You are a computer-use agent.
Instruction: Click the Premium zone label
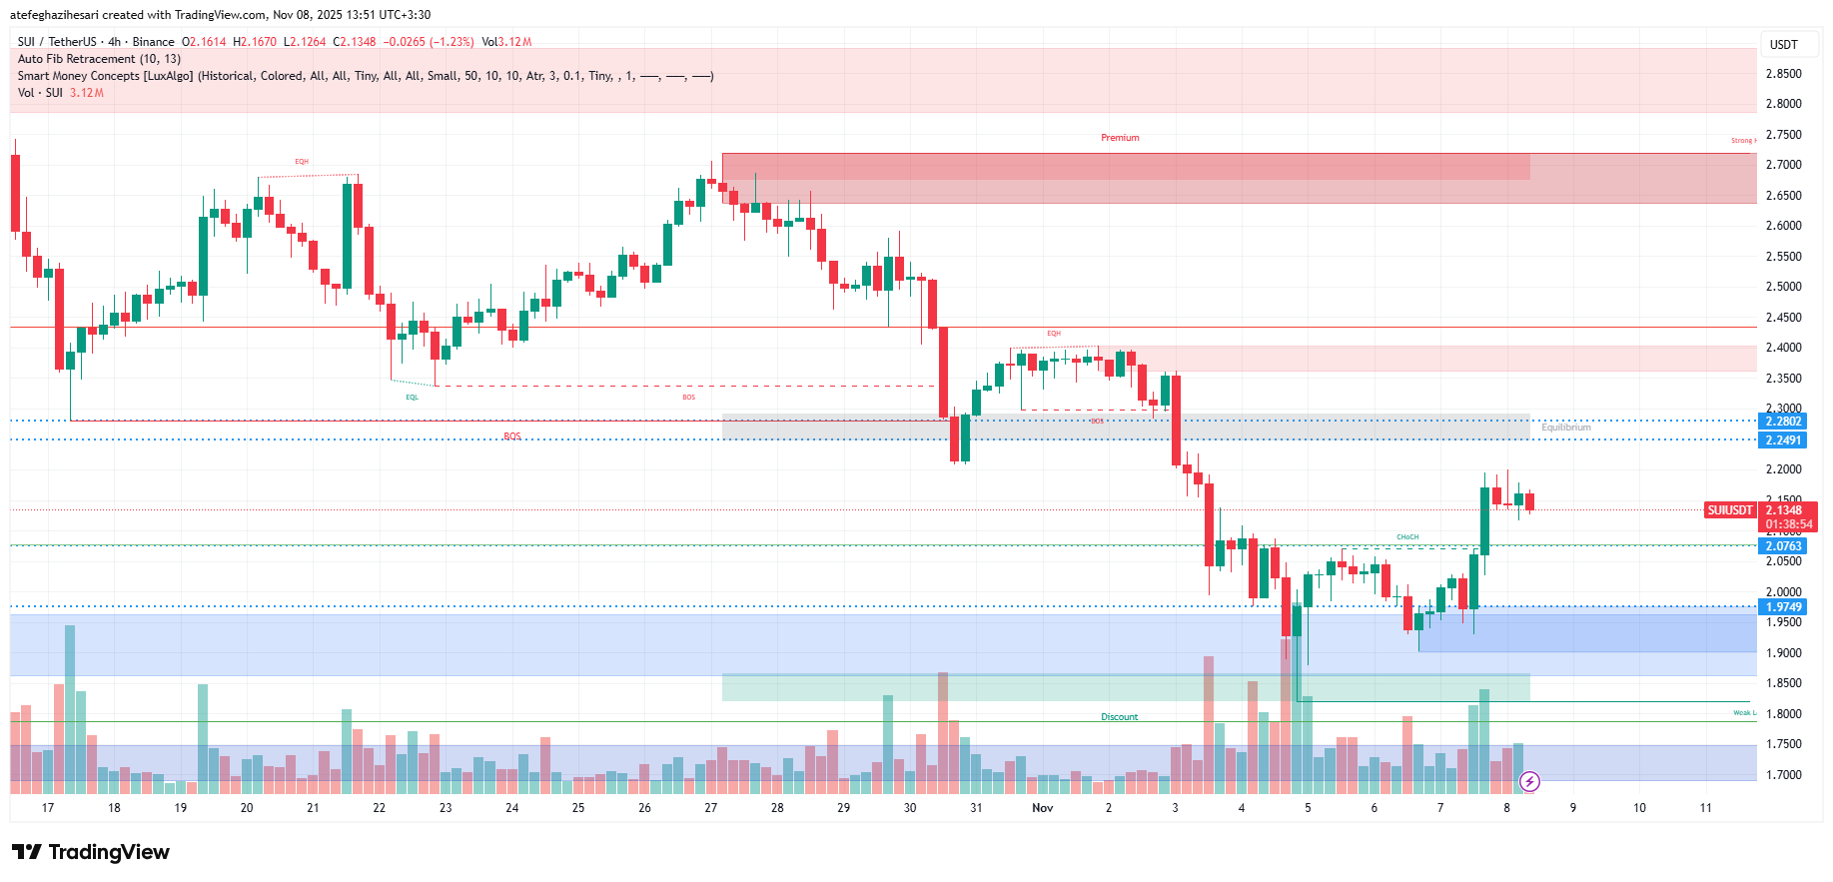1120,138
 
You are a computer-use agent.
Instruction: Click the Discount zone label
1119,717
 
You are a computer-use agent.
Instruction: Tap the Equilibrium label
1565,428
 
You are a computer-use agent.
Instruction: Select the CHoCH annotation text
1406,537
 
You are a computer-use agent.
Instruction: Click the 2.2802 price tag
1783,422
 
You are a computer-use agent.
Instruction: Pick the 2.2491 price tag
1783,441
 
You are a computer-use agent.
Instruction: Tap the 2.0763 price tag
1783,546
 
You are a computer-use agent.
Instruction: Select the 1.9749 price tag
1783,607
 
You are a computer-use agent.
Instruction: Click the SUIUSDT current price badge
1730,510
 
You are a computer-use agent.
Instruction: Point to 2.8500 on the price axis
1783,74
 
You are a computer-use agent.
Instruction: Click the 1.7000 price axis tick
1783,775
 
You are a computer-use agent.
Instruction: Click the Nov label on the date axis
1042,808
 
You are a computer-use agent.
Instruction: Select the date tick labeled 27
710,808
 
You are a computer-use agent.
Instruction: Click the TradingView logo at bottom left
91,852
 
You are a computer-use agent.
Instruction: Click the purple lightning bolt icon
1528,782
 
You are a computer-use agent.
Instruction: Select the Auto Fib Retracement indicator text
99,59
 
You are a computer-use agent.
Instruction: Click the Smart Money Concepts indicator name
106,76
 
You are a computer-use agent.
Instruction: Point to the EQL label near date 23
412,398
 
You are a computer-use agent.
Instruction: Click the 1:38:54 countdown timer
1788,524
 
